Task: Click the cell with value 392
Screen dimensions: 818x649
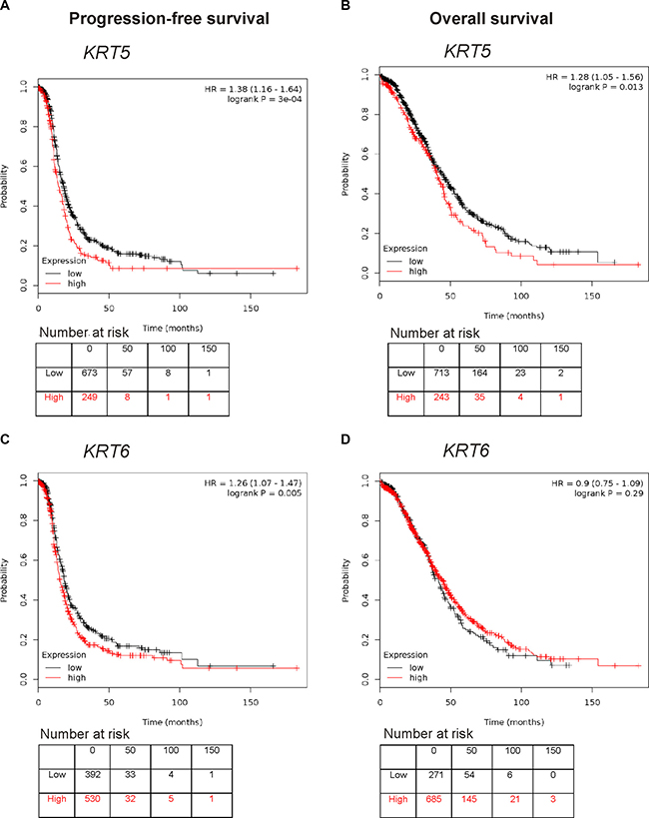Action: coord(91,774)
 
